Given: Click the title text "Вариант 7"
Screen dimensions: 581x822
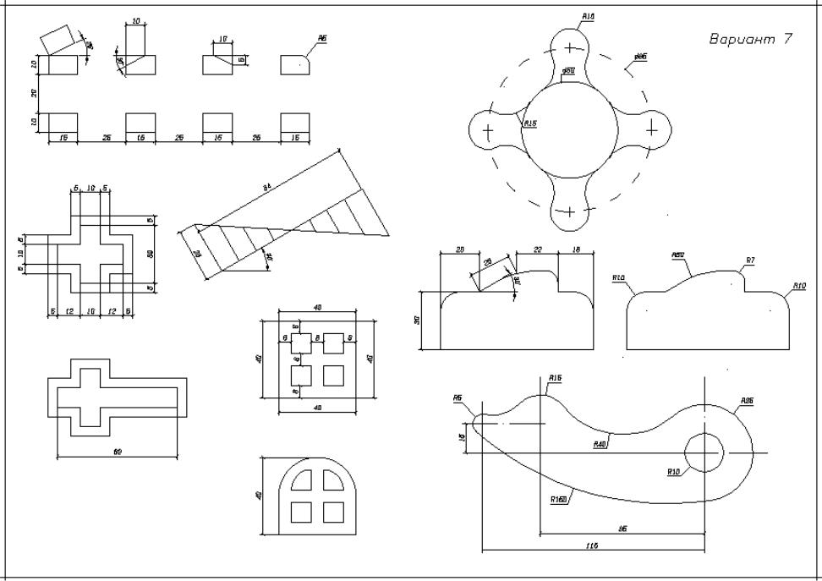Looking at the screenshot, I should [750, 40].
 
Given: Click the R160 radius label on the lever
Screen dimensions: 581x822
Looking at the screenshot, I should [558, 500].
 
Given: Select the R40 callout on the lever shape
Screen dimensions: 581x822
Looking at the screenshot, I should [600, 443].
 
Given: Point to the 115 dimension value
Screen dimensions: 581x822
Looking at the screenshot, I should [591, 547].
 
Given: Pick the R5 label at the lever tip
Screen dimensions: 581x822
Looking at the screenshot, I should [458, 398].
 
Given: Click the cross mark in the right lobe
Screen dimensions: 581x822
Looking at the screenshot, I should [652, 130].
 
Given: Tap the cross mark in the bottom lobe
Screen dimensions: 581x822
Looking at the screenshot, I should [570, 211].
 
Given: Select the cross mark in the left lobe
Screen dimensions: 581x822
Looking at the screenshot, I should [488, 131].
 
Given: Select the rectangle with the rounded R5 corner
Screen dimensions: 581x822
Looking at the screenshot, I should [294, 64].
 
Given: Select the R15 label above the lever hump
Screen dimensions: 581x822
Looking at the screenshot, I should [556, 377].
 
